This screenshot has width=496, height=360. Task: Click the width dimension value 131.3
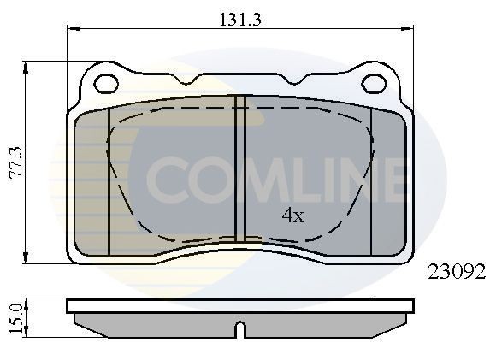click(x=239, y=15)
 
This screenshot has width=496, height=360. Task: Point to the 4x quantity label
click(x=292, y=216)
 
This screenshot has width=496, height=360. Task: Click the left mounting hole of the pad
click(x=106, y=84)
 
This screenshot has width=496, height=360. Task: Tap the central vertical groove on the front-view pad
click(x=240, y=171)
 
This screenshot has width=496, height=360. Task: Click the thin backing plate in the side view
click(x=240, y=304)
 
